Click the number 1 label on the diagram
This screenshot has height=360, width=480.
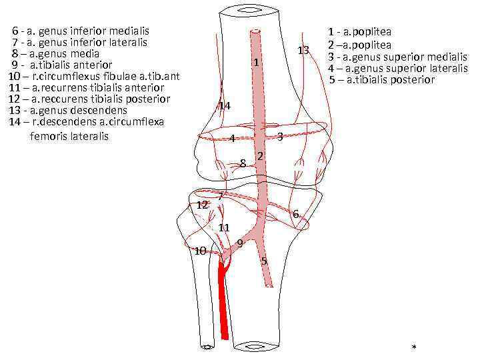pyautogui.click(x=256, y=63)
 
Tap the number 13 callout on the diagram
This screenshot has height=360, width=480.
pyautogui.click(x=303, y=51)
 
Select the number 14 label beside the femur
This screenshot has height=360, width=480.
pyautogui.click(x=225, y=106)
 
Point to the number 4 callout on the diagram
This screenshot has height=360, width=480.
pyautogui.click(x=231, y=139)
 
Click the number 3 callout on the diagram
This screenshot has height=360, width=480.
pyautogui.click(x=280, y=137)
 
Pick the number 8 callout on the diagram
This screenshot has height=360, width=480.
pyautogui.click(x=243, y=163)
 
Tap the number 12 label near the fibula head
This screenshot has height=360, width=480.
pyautogui.click(x=202, y=205)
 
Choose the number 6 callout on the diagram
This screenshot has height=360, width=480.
pyautogui.click(x=295, y=213)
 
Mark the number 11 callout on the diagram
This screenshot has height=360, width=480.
pyautogui.click(x=224, y=227)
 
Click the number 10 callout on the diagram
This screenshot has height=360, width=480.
pyautogui.click(x=199, y=251)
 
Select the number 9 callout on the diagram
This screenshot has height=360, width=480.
pyautogui.click(x=239, y=243)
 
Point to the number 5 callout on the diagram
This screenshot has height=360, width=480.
pyautogui.click(x=264, y=261)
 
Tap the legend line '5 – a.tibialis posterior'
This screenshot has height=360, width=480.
pyautogui.click(x=381, y=80)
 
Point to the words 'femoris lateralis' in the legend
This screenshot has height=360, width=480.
pyautogui.click(x=69, y=137)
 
